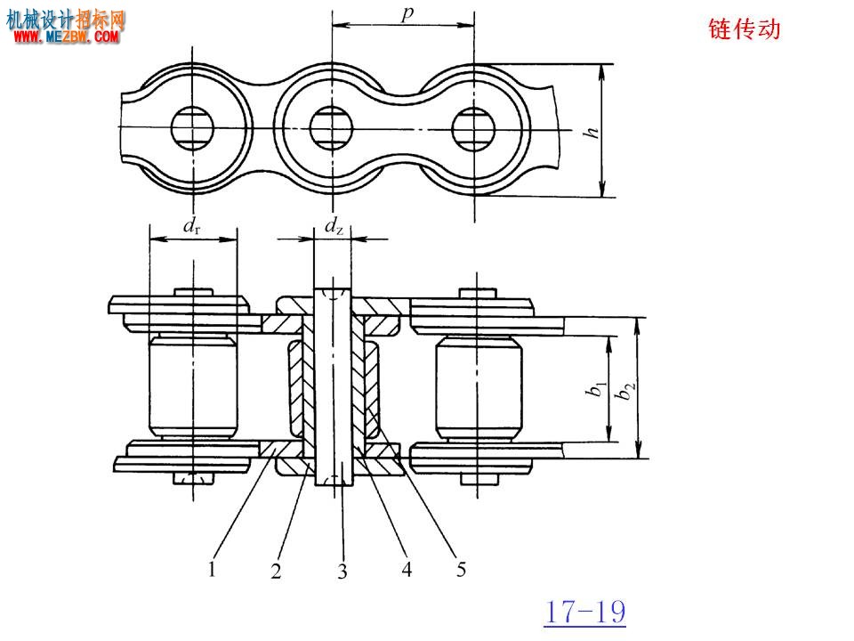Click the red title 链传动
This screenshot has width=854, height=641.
pyautogui.click(x=744, y=28)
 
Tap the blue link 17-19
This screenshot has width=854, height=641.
pyautogui.click(x=585, y=612)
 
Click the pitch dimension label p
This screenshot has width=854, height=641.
pyautogui.click(x=407, y=13)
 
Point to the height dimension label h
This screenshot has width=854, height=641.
pyautogui.click(x=592, y=132)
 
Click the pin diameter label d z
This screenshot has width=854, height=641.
pyautogui.click(x=334, y=225)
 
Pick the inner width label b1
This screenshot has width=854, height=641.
pyautogui.click(x=596, y=389)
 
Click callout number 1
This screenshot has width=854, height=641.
pyautogui.click(x=212, y=569)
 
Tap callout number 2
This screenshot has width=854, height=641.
pyautogui.click(x=276, y=571)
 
